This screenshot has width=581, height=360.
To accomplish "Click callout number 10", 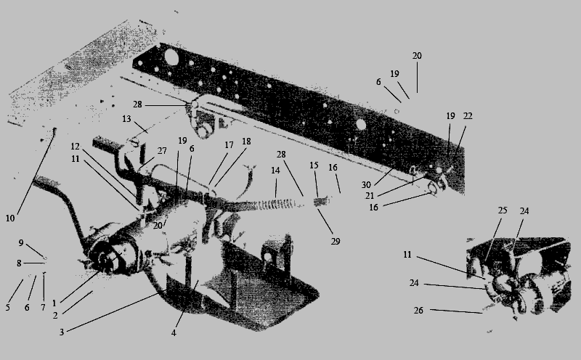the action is [x=10, y=218].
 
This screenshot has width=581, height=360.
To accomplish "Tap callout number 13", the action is [x=126, y=119].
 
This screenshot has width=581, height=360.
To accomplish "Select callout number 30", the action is [x=366, y=185].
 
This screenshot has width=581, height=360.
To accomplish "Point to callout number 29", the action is [x=336, y=242].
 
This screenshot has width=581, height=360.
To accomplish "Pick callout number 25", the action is [x=502, y=210].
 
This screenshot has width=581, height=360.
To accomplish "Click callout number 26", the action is [x=418, y=311].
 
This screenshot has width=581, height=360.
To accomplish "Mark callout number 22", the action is [x=468, y=116].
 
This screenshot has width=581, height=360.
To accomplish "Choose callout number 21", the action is [x=370, y=195].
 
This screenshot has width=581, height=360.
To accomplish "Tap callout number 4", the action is [x=174, y=332].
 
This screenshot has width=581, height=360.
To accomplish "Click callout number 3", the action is [x=62, y=332].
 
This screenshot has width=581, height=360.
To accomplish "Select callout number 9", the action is [x=21, y=243].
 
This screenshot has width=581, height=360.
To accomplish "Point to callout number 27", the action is [x=162, y=151].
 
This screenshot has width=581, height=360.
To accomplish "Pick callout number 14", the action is [x=275, y=171].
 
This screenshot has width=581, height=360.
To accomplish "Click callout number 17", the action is [x=229, y=145].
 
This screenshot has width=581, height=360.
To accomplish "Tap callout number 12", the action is [x=76, y=147].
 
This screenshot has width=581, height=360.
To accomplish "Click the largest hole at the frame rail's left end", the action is [x=171, y=57].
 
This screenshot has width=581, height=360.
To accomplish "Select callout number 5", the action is [x=7, y=308].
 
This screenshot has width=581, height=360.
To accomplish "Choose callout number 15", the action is [x=314, y=165].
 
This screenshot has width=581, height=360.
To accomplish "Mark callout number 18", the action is [x=246, y=142].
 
